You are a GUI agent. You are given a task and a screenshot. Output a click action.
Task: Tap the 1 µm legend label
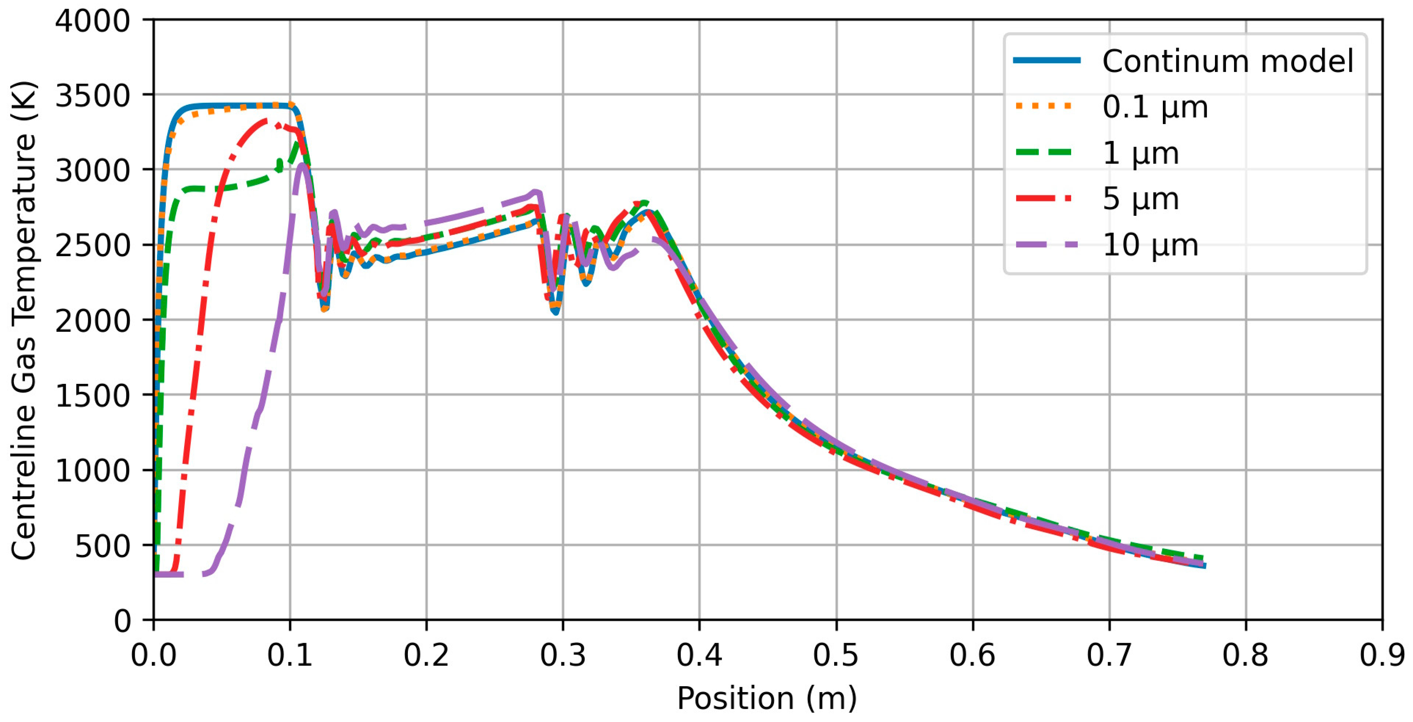click(x=1140, y=153)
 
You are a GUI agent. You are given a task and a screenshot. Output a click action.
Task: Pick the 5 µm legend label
click(x=1140, y=199)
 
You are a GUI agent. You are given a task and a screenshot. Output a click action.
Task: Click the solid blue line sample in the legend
click(x=1046, y=60)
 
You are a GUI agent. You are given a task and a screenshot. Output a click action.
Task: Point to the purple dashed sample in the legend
click(x=1046, y=245)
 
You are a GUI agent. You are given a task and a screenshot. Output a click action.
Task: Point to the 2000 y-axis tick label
click(x=92, y=321)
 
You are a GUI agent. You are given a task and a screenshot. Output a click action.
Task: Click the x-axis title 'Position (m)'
click(x=767, y=698)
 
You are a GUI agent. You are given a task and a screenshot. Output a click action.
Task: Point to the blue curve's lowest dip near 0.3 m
click(x=556, y=312)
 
